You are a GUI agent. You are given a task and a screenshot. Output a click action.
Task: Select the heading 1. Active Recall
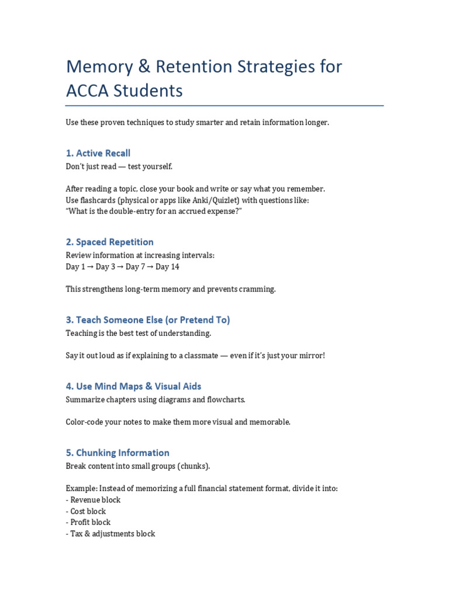(x=98, y=153)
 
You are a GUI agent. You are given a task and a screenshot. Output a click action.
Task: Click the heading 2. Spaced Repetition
(x=109, y=242)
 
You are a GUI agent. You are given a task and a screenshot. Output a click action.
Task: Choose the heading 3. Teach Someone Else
(x=148, y=319)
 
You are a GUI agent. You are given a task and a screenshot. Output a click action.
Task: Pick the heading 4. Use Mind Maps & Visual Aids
(x=133, y=386)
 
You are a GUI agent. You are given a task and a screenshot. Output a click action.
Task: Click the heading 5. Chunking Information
(x=118, y=453)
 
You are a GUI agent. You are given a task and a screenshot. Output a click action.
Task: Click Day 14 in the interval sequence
(x=167, y=267)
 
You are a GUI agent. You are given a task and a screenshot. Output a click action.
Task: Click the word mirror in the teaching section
(x=311, y=356)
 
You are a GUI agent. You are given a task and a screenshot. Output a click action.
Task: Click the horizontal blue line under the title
(x=224, y=106)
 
